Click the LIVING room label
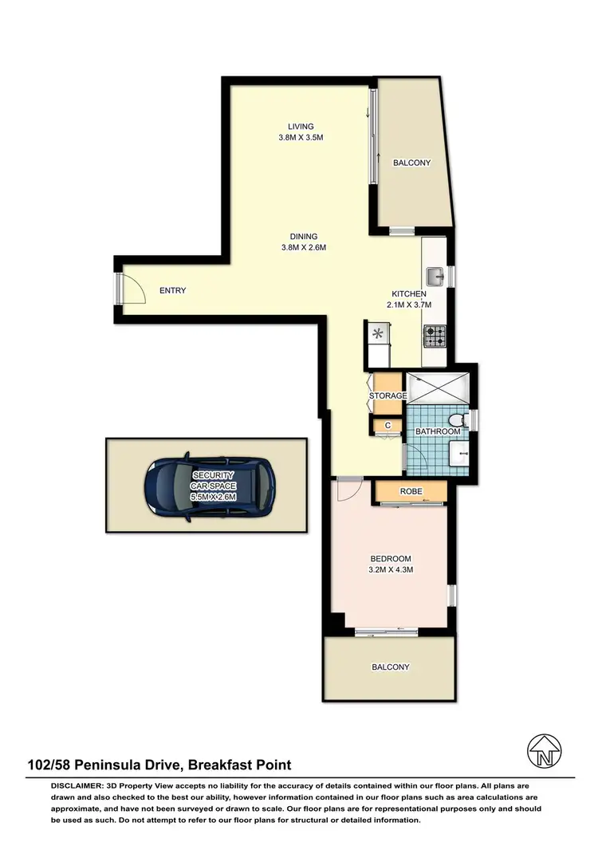coord(301,126)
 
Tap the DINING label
coord(304,236)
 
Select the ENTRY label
coord(172,290)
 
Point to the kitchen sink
coord(435,277)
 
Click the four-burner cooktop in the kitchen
coord(435,336)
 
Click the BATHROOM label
coord(438,431)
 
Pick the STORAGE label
coord(388,395)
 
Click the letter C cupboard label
coord(388,426)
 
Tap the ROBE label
coord(411,491)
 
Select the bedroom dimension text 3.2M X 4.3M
coord(390,570)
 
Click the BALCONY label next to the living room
coord(411,163)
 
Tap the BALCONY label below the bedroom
coord(390,667)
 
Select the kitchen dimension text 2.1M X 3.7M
coord(411,305)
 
